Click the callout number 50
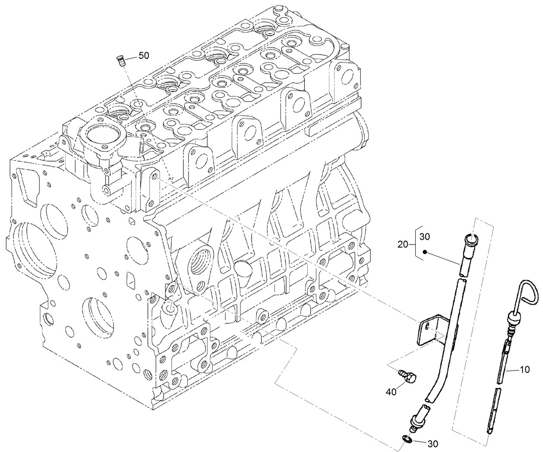(143, 56)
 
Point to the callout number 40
(391, 392)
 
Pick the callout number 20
(402, 245)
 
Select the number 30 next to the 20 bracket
(425, 237)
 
